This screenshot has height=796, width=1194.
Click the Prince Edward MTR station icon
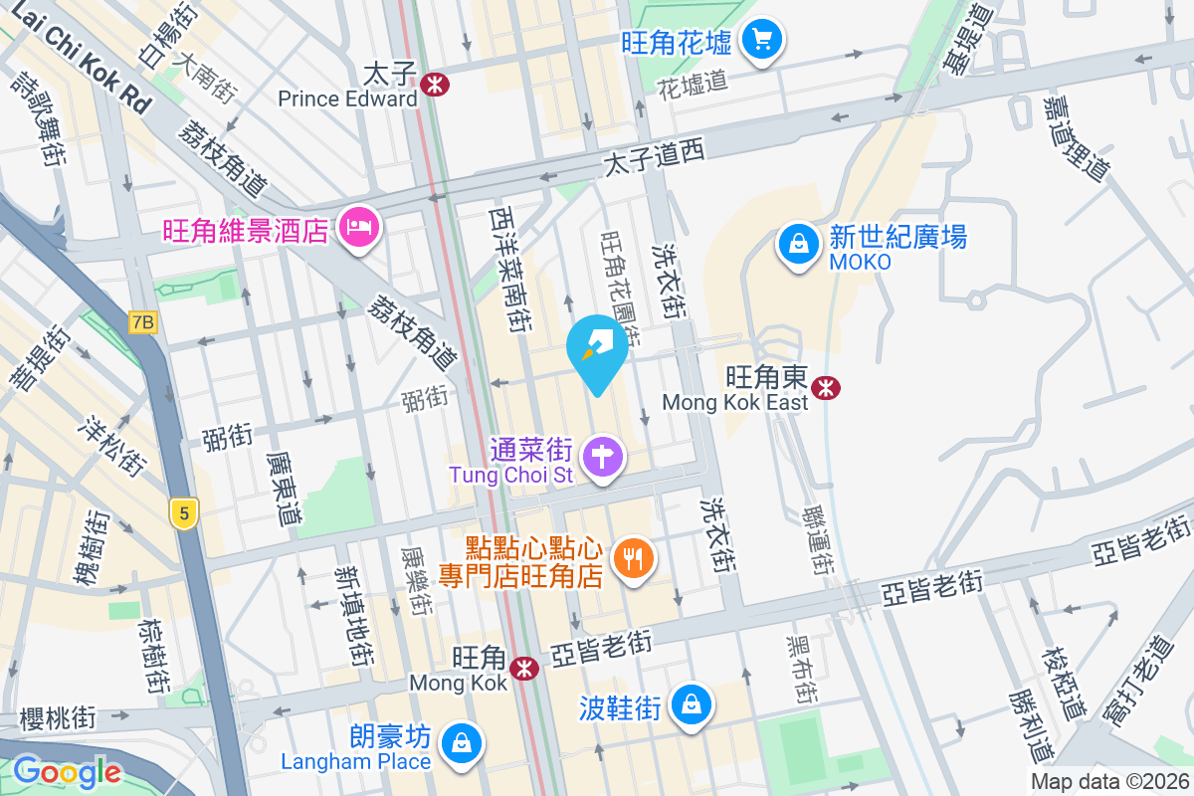434,84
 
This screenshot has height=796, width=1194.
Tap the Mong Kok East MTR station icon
825,387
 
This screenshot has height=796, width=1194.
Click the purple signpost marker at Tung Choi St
603,458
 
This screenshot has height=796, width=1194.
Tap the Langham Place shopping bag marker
463,742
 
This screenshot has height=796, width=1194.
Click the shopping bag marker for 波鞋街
691,704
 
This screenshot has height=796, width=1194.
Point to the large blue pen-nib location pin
597,350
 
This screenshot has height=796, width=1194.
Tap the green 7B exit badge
143,322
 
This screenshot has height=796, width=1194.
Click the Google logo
67,771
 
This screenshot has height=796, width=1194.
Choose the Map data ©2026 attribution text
1108,782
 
